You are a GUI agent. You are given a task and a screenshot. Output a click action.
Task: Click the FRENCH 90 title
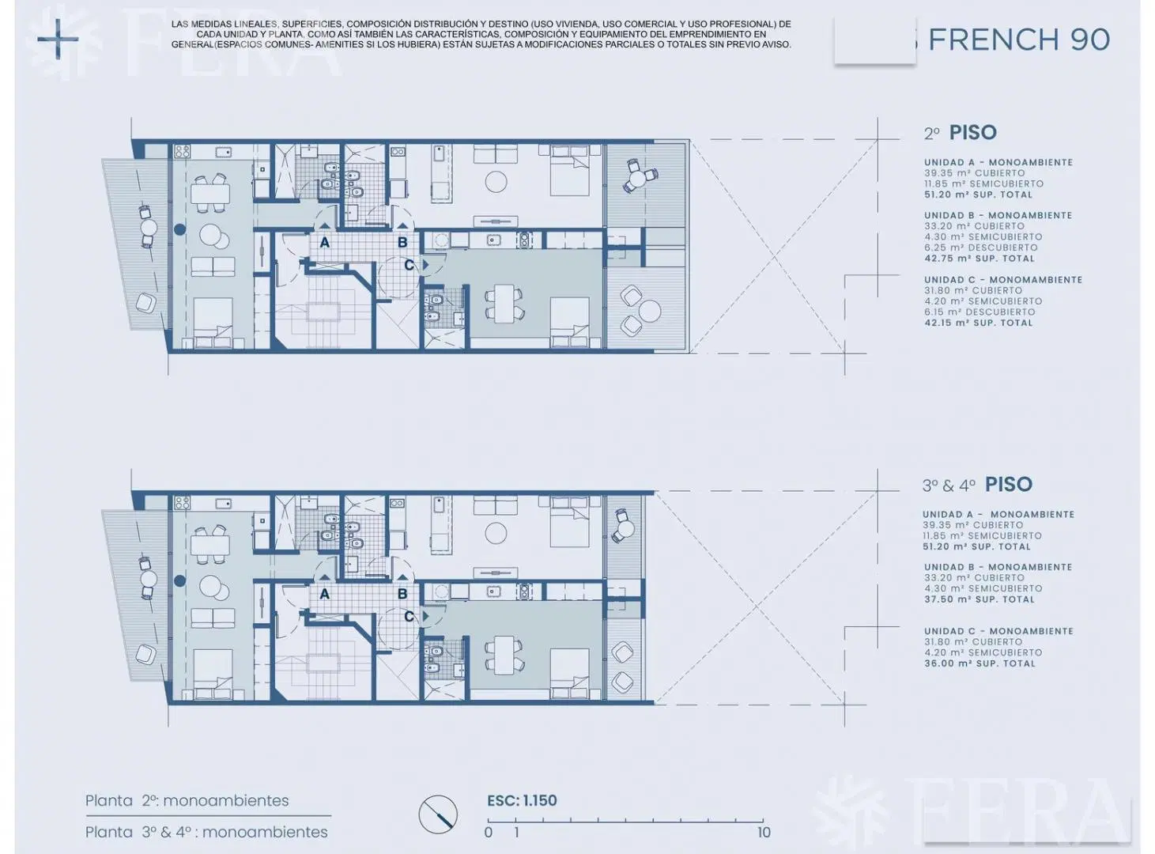1019,40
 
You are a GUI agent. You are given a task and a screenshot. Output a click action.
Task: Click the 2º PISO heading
961,133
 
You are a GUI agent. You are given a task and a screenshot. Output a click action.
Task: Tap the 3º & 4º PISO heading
977,485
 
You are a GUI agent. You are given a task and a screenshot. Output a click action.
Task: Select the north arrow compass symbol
438,814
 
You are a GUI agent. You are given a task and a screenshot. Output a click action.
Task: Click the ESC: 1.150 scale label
522,800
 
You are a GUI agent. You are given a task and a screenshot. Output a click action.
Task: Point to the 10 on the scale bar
764,833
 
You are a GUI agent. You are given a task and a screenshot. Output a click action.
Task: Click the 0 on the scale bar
488,833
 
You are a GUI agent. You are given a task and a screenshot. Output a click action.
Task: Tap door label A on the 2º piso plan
324,242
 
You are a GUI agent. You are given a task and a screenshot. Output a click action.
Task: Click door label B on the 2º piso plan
402,242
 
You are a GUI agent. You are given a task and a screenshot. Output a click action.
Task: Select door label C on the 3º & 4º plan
409,617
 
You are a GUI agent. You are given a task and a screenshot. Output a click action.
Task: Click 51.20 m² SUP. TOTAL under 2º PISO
978,195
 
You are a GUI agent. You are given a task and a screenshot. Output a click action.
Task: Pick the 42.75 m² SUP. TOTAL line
979,259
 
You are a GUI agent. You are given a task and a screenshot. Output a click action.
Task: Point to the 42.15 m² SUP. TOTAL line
978,323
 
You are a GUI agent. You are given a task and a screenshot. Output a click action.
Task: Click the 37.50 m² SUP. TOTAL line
979,599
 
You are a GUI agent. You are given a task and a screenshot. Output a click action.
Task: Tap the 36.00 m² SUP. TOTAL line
979,663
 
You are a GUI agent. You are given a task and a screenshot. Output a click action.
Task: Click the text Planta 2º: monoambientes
187,800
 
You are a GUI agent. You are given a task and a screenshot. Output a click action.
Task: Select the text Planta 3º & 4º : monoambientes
207,832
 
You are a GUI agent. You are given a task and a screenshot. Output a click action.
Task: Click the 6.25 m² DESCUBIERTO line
981,248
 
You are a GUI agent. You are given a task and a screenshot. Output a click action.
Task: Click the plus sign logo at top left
58,39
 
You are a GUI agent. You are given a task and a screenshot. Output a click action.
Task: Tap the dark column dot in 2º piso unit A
179,229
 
